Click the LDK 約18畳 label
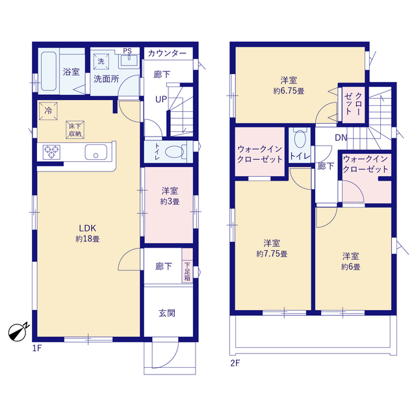(x=88, y=233)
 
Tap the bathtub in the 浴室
(x=49, y=71)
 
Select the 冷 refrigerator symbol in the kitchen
(x=48, y=111)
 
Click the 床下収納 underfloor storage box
(x=75, y=130)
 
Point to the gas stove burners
(x=51, y=152)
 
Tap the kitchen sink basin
(x=96, y=152)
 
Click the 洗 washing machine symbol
(x=101, y=61)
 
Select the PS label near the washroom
(x=127, y=51)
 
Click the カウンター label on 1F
(x=167, y=53)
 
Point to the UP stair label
(x=161, y=99)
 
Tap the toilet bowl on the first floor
(x=174, y=152)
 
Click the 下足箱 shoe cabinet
(x=187, y=265)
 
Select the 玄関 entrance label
(x=167, y=313)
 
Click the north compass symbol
(x=18, y=331)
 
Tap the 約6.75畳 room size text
(x=289, y=91)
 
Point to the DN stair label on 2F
(x=341, y=137)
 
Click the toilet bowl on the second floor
(x=300, y=138)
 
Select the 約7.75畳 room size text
(x=272, y=254)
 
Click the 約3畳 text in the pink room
(x=170, y=201)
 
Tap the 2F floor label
(x=235, y=363)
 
